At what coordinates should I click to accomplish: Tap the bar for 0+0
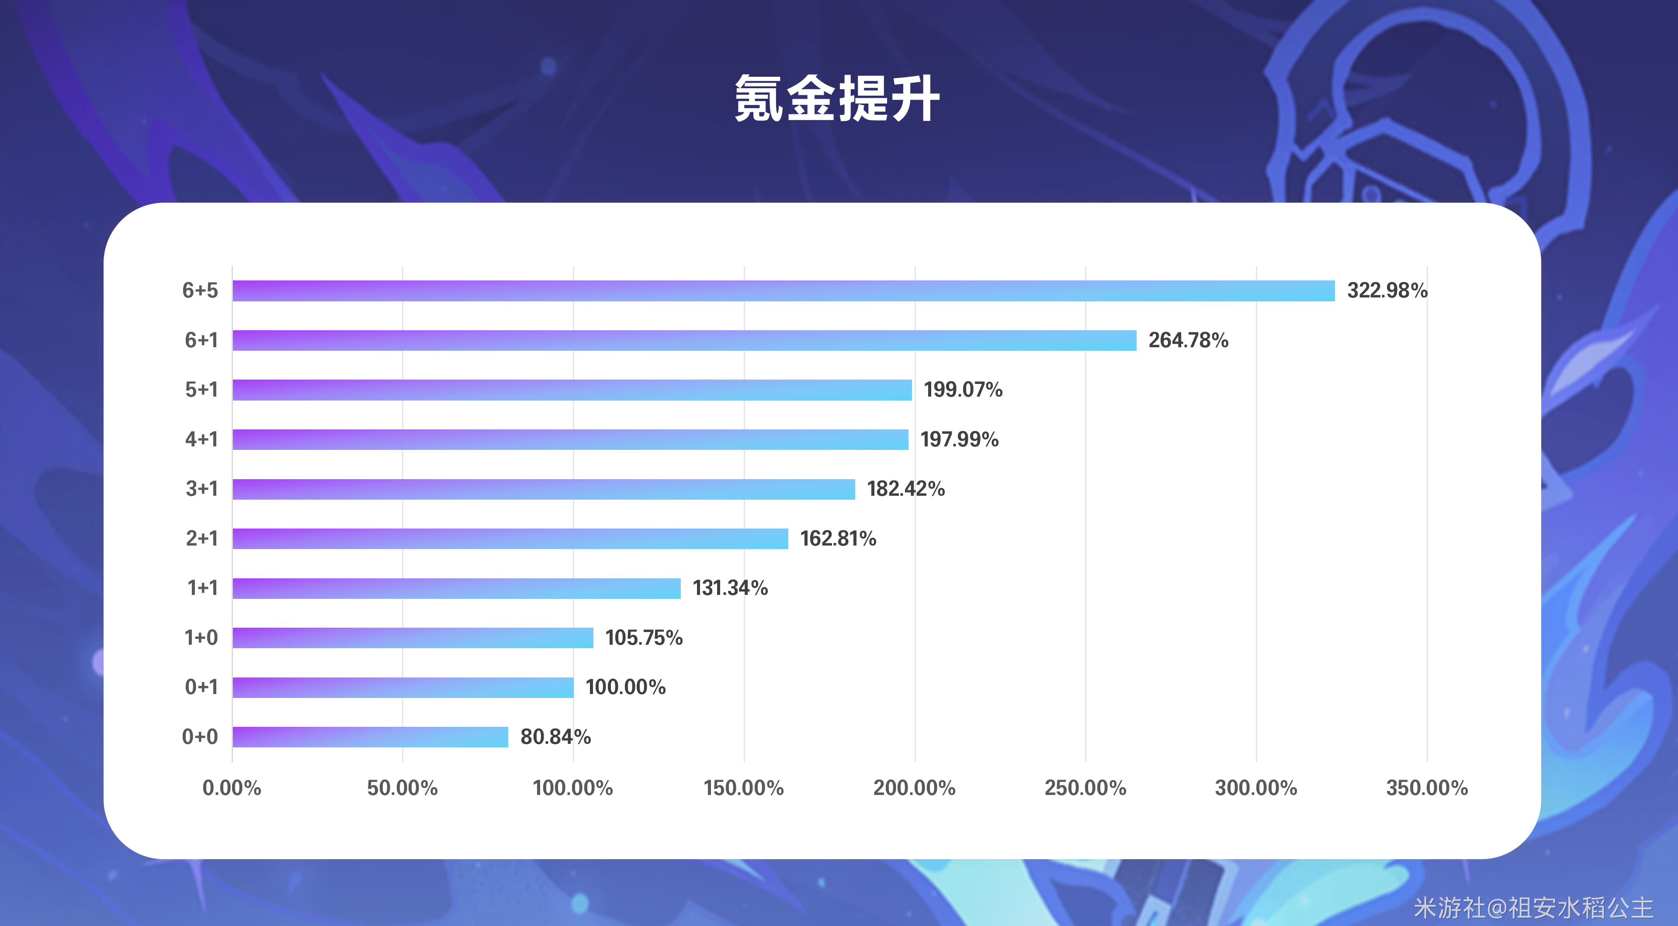click(x=370, y=736)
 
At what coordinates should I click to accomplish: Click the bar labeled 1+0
click(x=413, y=638)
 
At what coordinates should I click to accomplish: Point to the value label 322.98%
click(x=1387, y=290)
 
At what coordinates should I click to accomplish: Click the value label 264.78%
click(x=1188, y=340)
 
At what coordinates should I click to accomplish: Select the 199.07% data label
click(x=963, y=390)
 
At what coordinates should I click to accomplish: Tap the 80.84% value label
click(x=555, y=736)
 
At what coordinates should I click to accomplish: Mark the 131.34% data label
click(x=730, y=588)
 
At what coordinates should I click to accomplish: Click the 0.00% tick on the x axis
click(x=232, y=788)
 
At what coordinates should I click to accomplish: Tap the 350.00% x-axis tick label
click(x=1427, y=788)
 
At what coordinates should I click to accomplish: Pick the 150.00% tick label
click(x=744, y=788)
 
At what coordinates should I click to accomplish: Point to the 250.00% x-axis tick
click(x=1085, y=788)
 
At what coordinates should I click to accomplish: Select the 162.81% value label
click(x=838, y=539)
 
